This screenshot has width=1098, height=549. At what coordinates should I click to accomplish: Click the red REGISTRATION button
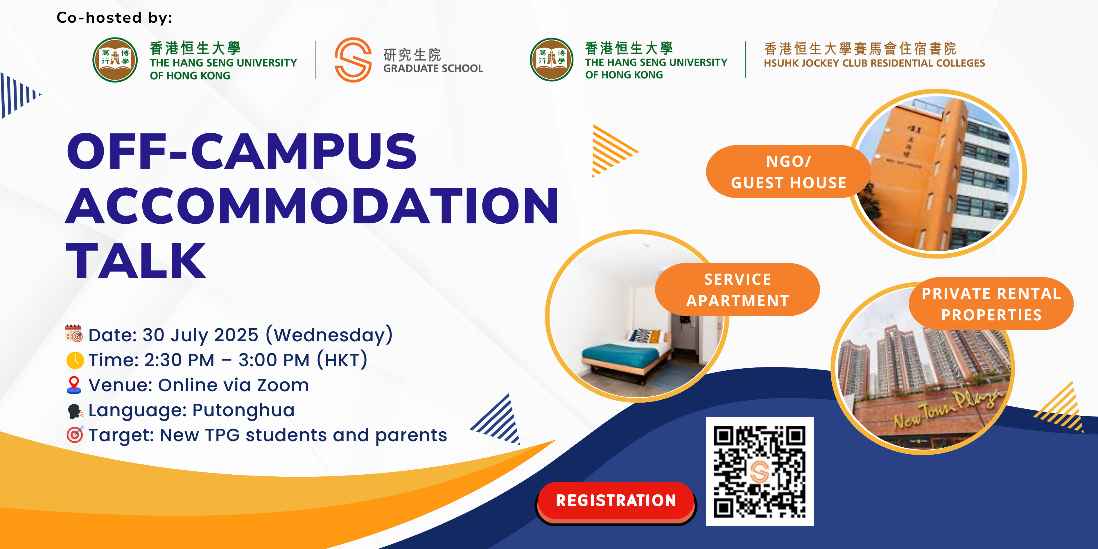click(x=616, y=502)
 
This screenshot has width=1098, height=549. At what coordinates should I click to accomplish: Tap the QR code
click(x=760, y=471)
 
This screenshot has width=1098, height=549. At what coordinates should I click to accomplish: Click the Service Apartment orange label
click(x=738, y=290)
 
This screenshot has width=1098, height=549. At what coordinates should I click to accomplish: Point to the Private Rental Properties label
click(x=991, y=304)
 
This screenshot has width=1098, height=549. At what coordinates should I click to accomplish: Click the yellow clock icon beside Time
click(x=75, y=360)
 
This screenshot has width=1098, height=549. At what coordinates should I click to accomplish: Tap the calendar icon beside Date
click(x=74, y=334)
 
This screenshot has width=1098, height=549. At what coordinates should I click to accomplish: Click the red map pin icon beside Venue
click(x=74, y=385)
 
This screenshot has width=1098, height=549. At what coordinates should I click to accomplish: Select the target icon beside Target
click(x=75, y=435)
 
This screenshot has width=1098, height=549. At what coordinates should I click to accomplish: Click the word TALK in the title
click(x=136, y=261)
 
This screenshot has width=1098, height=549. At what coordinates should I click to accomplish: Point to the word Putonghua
click(x=243, y=410)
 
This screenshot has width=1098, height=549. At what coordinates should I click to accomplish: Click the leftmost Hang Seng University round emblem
click(x=115, y=60)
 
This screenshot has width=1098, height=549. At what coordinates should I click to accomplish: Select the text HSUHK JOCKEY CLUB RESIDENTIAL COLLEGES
click(x=874, y=63)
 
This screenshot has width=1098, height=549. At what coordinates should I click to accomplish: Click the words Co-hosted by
click(x=114, y=17)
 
